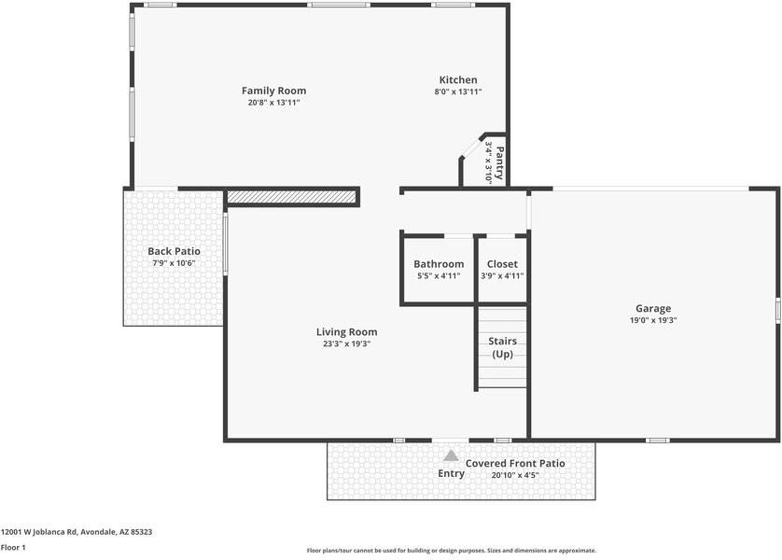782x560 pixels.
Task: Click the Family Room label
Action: click(273, 91)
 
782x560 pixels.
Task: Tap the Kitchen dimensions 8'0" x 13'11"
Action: click(458, 91)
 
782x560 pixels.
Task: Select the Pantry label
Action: click(500, 162)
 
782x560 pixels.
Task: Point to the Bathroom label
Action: click(439, 264)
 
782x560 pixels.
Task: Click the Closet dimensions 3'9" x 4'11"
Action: click(502, 275)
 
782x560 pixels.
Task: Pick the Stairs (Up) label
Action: click(502, 347)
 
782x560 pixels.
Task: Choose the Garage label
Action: click(653, 309)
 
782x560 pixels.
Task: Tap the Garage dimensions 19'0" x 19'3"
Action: click(653, 321)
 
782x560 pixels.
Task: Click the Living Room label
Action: click(346, 332)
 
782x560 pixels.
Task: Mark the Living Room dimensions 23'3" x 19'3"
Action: click(346, 344)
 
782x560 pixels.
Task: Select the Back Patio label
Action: click(174, 251)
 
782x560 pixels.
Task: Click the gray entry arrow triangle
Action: click(451, 455)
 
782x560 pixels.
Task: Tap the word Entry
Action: click(451, 474)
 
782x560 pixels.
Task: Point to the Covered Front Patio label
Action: click(515, 463)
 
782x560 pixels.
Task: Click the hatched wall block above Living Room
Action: click(293, 197)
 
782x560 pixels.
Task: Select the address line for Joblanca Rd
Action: click(77, 532)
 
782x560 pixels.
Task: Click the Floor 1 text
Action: click(13, 548)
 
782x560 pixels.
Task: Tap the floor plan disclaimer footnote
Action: click(452, 551)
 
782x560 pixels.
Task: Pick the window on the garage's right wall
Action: click(777, 310)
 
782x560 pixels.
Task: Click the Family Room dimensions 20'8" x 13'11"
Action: click(273, 103)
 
